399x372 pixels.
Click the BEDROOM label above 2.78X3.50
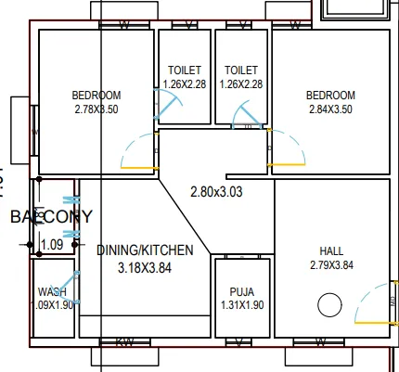click(x=97, y=96)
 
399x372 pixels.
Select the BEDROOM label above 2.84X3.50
click(x=331, y=96)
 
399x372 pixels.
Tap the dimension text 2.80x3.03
click(x=215, y=193)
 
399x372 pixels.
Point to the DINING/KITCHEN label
click(x=145, y=250)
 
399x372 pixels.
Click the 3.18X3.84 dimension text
click(x=145, y=267)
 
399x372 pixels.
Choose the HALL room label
click(x=331, y=250)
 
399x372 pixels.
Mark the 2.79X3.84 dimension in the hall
click(x=331, y=265)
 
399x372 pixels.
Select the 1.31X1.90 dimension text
click(x=241, y=305)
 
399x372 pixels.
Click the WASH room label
click(x=52, y=291)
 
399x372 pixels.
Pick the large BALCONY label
click(x=51, y=217)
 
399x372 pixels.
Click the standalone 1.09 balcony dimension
click(x=52, y=245)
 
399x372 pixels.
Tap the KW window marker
click(x=123, y=342)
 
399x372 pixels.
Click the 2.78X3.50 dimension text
click(x=97, y=109)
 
